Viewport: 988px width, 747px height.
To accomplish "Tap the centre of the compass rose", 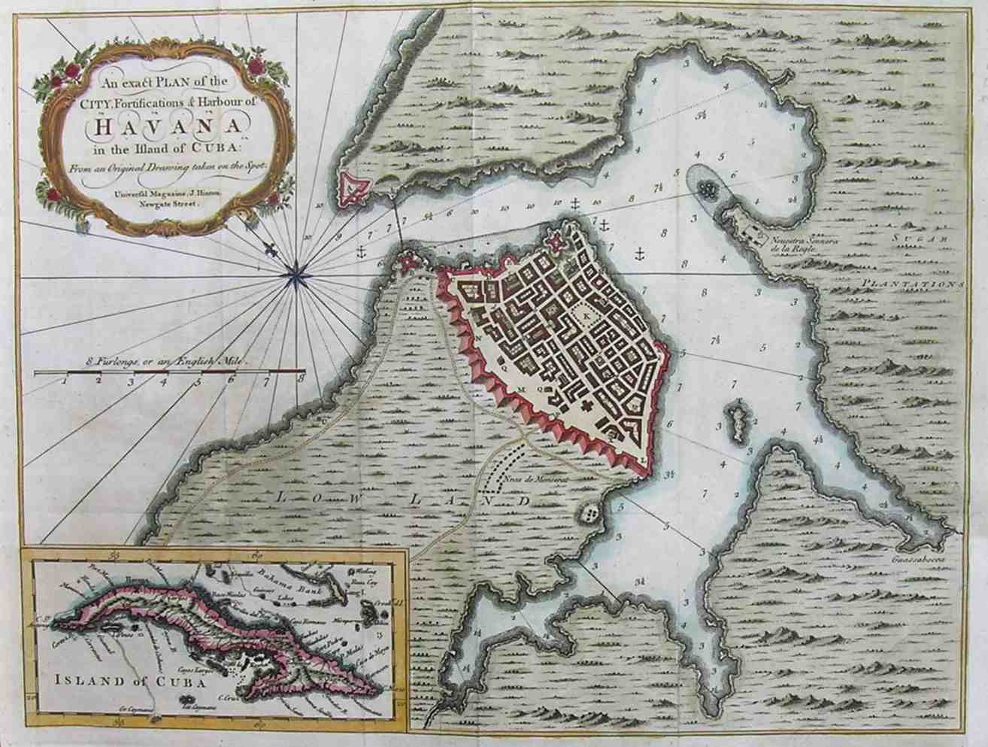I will click(296, 275).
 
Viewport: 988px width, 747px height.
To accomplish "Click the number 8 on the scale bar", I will click(301, 381).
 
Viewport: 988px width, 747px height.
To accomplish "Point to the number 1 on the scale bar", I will click(65, 381).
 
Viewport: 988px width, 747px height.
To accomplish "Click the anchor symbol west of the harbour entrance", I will click(361, 252).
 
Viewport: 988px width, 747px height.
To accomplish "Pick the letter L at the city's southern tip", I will click(644, 457).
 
